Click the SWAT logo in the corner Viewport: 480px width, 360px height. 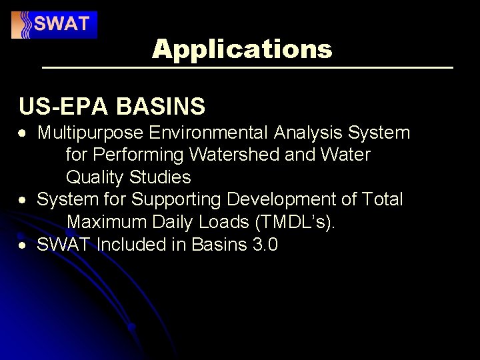pyautogui.click(x=54, y=25)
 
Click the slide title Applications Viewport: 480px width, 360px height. pyautogui.click(x=241, y=49)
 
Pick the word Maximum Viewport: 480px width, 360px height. pyautogui.click(x=107, y=222)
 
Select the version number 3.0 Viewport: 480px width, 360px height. pyautogui.click(x=265, y=245)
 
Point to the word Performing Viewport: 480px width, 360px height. pyautogui.click(x=139, y=155)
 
